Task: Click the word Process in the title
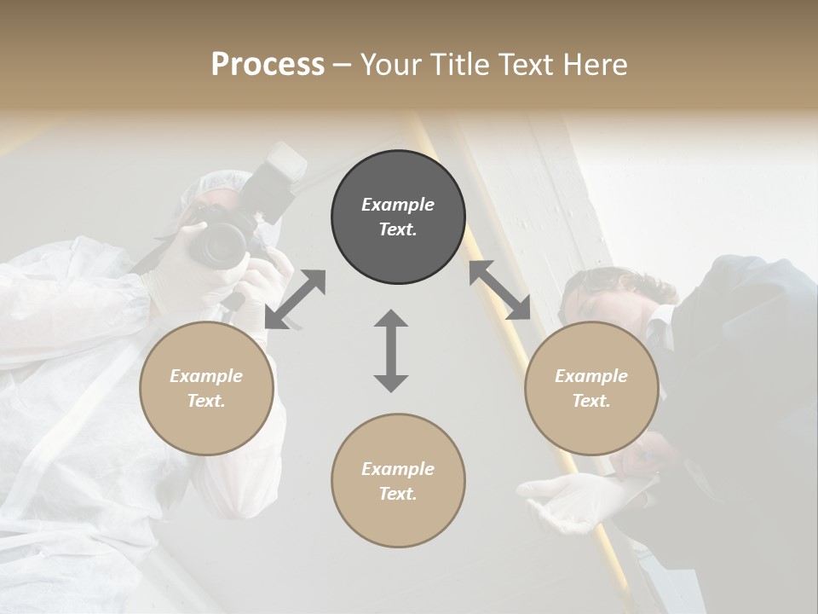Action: coord(268,65)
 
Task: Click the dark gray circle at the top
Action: coord(398,217)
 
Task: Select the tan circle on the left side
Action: coord(206,388)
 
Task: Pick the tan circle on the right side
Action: coord(590,388)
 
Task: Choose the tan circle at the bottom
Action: coord(398,480)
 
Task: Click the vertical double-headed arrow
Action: coord(391,350)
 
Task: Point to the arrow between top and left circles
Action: coord(295,298)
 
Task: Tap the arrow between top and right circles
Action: coord(499,290)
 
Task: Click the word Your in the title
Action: coord(389,65)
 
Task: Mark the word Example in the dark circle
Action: coord(398,205)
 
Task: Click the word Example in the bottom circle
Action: coord(398,469)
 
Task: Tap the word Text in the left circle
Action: coord(206,401)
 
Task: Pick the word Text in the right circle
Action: coord(590,401)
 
